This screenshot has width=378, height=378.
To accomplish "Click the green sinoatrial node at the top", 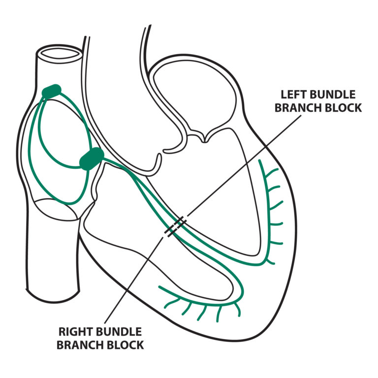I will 52,91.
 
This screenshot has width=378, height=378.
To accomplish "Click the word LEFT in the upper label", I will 292,94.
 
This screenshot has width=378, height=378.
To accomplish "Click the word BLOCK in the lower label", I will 126,345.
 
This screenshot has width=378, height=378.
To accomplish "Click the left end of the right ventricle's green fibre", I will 159,287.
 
